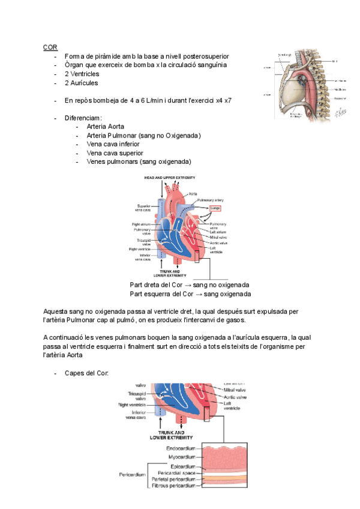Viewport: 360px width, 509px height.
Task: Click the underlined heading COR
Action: (50, 47)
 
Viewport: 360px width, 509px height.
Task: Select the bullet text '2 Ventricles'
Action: (85, 74)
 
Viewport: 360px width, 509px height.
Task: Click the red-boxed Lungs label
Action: (215, 209)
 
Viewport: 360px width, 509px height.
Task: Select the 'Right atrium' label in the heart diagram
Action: (142, 224)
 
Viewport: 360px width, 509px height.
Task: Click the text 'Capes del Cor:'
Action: (86, 373)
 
